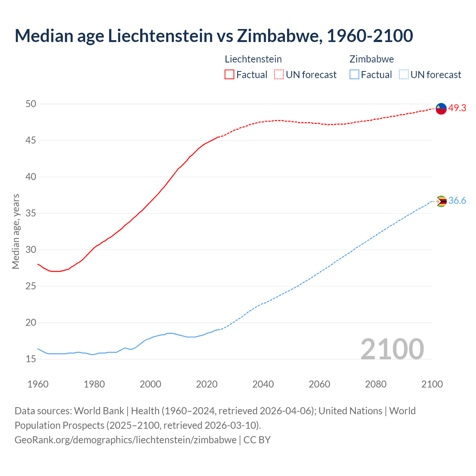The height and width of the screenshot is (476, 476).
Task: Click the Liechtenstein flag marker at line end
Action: tap(441, 109)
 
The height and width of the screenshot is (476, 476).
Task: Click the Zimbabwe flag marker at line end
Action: tap(441, 201)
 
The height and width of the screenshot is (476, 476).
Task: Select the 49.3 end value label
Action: tap(457, 108)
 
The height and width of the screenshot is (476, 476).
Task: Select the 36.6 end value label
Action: tap(457, 201)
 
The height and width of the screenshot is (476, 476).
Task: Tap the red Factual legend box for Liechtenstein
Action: tap(229, 74)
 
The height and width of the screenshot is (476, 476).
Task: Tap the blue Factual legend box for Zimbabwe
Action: tap(354, 74)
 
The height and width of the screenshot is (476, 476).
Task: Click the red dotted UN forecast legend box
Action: tap(279, 74)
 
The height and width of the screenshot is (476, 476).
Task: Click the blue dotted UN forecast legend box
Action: tap(403, 74)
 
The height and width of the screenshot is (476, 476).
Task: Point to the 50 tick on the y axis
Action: tap(31, 104)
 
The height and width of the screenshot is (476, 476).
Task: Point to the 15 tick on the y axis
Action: tap(31, 359)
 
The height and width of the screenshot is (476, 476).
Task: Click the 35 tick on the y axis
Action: tap(31, 213)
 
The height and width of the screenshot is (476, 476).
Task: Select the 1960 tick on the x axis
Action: tap(38, 384)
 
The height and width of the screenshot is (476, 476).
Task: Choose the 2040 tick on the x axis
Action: tap(263, 384)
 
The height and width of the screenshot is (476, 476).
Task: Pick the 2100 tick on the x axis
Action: tap(432, 384)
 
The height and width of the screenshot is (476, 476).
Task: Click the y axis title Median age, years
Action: tap(16, 231)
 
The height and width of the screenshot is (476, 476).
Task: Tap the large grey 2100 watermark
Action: tap(392, 349)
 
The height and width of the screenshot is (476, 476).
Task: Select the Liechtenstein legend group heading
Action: tap(253, 59)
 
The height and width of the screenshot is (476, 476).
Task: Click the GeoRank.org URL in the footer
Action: tap(125, 440)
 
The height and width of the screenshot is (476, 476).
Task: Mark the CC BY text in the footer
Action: tap(257, 440)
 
